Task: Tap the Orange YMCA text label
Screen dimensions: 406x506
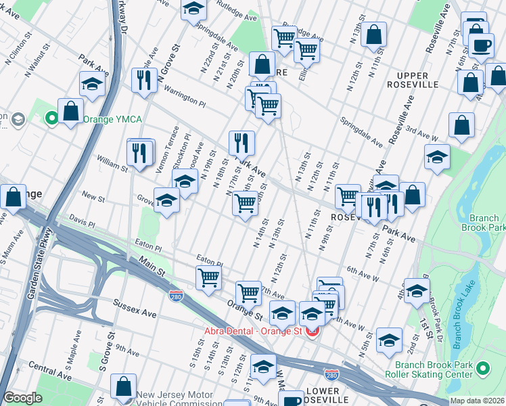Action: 112,120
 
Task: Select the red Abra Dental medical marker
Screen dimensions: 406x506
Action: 312,331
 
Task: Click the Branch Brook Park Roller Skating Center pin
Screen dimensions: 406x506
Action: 482,369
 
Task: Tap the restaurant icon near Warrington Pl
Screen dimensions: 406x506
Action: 143,80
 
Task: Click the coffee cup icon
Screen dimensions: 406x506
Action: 482,46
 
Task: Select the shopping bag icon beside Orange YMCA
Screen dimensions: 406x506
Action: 70,110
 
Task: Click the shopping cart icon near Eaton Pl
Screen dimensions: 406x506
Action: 209,276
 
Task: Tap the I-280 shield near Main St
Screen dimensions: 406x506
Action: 176,296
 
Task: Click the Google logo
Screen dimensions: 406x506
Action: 22,398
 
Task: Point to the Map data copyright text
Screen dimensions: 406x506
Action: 477,401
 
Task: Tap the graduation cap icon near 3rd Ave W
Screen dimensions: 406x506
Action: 438,156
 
